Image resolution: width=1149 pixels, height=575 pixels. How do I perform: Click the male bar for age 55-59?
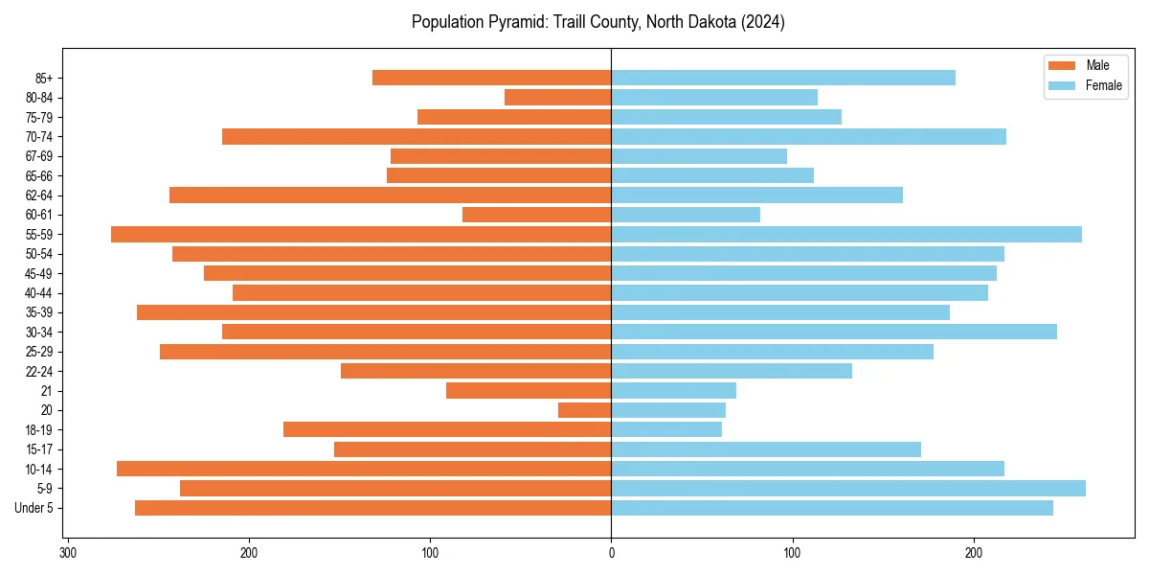coord(361,234)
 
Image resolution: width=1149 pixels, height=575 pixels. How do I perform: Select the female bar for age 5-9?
coord(848,488)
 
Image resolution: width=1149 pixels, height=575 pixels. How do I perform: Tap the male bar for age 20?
coord(585,410)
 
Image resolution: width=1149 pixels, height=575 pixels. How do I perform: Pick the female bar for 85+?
coord(783,78)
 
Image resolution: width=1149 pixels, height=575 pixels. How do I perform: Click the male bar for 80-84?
coord(558,97)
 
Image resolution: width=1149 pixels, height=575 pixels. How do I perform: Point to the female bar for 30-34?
coord(834,332)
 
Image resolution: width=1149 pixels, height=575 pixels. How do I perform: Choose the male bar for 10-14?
coord(364,469)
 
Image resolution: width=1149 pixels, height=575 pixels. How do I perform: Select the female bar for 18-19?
coord(666,429)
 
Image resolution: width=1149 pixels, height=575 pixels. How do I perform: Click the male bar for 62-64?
coord(391,195)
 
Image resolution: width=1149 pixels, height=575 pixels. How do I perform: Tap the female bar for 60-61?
coord(686,215)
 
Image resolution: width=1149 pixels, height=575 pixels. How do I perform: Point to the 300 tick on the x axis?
coord(68,552)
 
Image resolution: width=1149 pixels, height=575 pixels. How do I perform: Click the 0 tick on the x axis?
coord(612,552)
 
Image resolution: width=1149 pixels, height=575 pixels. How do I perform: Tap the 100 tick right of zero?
coord(793,552)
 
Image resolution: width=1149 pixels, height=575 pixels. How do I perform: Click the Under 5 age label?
coord(34,508)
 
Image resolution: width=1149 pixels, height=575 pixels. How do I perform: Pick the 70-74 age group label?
coord(39,136)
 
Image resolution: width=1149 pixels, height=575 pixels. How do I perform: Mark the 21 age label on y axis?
coord(46,390)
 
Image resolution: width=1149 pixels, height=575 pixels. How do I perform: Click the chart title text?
coord(598,22)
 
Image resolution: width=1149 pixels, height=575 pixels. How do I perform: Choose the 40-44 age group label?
coord(39,292)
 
